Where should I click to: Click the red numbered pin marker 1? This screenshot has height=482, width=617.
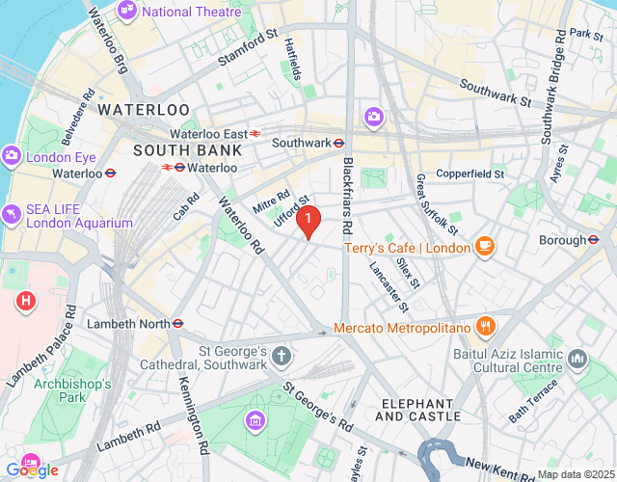click(x=308, y=222)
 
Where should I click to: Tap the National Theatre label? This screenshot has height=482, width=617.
click(x=192, y=12)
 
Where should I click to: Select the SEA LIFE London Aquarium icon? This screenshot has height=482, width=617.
click(x=12, y=214)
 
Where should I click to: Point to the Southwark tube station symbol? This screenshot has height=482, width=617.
click(x=339, y=143)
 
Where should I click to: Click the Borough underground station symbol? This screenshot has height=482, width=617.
click(x=595, y=239)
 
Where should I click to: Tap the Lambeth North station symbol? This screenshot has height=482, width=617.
click(x=177, y=324)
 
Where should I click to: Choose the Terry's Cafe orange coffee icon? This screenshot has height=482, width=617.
click(x=484, y=248)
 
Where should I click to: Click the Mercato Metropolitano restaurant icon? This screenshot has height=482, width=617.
click(x=484, y=328)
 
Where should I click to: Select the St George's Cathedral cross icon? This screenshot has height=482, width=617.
click(x=281, y=357)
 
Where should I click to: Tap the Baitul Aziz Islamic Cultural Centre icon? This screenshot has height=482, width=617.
click(x=578, y=360)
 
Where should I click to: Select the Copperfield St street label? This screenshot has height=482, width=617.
click(x=470, y=174)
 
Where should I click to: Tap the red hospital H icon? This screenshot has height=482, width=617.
click(x=27, y=302)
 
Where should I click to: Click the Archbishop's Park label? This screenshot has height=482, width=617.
click(x=73, y=390)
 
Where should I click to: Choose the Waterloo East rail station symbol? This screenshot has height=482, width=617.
click(x=255, y=134)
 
